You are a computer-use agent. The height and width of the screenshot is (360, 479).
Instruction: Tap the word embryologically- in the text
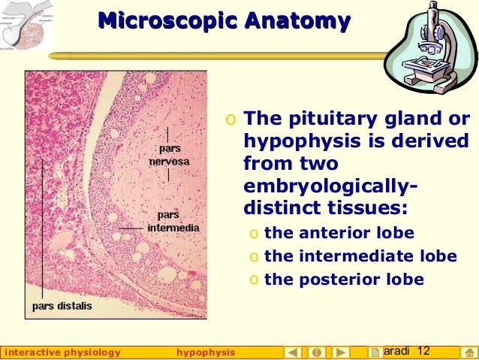(331, 186)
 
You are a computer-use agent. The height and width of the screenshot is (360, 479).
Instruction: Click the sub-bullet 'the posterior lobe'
(344, 280)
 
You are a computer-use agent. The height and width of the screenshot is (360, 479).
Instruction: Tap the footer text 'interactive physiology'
(62, 352)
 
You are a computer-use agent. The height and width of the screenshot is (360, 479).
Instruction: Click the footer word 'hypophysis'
(205, 352)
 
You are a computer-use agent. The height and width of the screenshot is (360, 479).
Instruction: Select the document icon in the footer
(375, 352)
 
